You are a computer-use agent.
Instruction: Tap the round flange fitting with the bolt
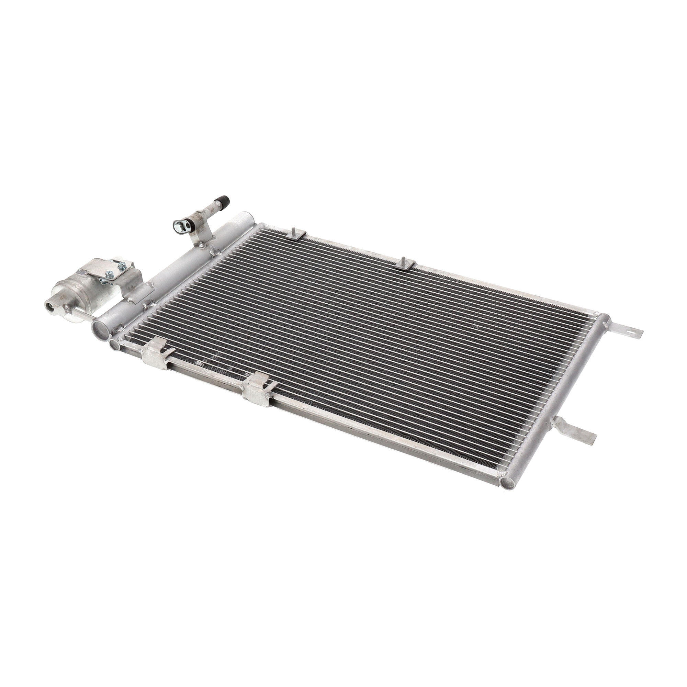pyautogui.click(x=178, y=225)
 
